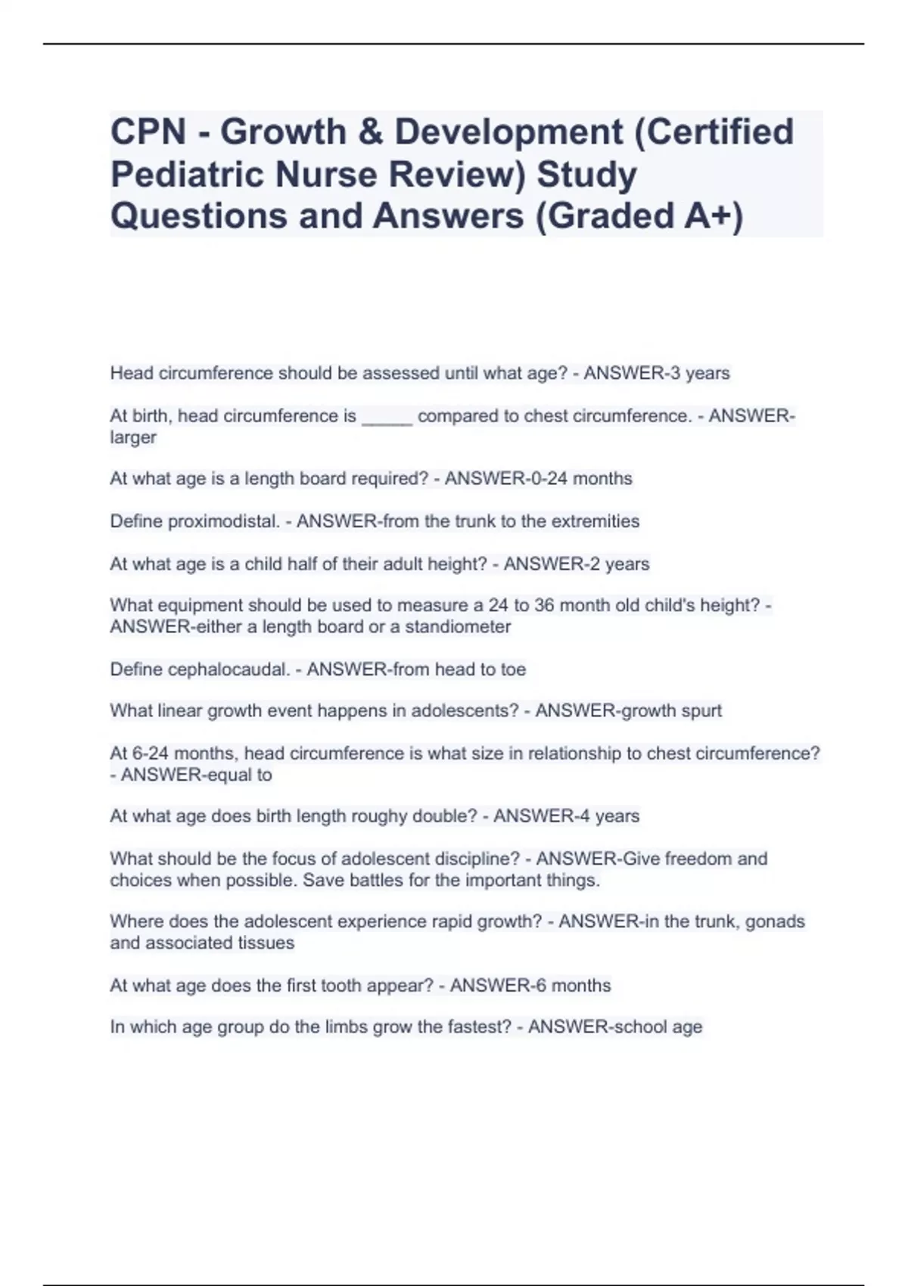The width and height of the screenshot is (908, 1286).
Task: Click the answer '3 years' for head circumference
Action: coord(696,374)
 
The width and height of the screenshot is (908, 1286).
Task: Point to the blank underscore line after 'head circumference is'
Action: coord(387,417)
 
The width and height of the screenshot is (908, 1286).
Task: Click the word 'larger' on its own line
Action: coord(133,437)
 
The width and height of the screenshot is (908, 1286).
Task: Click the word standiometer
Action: coord(458,627)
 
